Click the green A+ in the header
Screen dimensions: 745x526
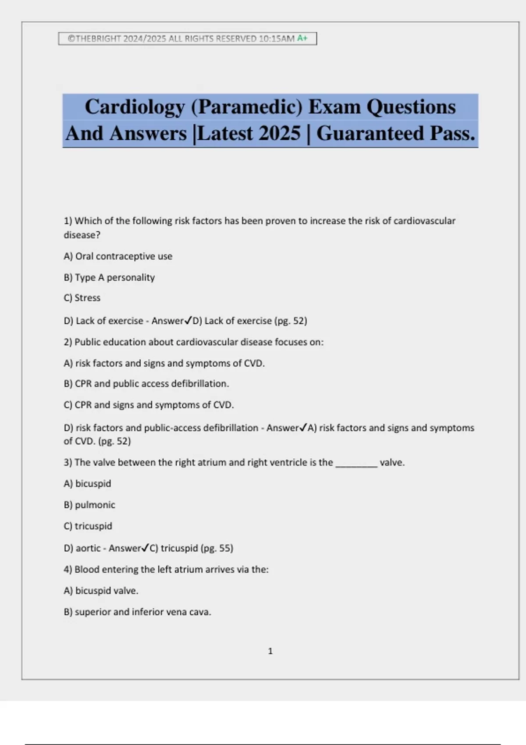click(x=302, y=39)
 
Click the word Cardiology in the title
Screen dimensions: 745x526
click(x=135, y=107)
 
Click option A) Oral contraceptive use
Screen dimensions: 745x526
click(x=118, y=256)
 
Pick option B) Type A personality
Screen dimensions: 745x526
click(x=109, y=277)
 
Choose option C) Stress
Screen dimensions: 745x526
click(x=82, y=298)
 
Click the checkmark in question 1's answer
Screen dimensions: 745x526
click(x=188, y=321)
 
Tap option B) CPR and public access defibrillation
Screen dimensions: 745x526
click(x=146, y=384)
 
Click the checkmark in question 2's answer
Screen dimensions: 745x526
click(x=303, y=428)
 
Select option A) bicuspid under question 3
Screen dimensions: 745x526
click(x=87, y=484)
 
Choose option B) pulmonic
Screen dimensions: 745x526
click(x=89, y=505)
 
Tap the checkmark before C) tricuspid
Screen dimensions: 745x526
click(x=146, y=548)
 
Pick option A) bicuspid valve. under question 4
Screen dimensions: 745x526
click(x=101, y=591)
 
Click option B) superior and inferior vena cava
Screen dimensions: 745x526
click(x=137, y=612)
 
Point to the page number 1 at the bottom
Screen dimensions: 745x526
click(x=270, y=651)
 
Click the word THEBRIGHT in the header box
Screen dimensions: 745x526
click(x=98, y=39)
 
